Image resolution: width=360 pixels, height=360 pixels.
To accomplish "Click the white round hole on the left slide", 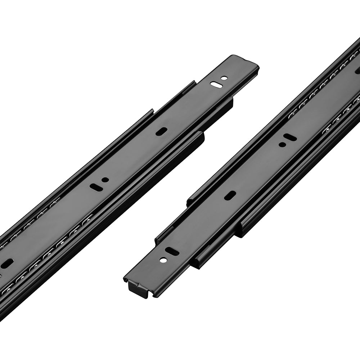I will pos(224,78).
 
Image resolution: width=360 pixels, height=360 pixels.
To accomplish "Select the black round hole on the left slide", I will pos(105,180).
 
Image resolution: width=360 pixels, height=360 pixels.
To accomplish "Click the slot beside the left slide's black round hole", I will pos(96,186).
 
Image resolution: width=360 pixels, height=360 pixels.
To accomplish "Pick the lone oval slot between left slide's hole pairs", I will pos(161,131).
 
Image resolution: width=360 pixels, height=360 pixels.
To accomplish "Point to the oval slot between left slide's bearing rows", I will pos(7,264).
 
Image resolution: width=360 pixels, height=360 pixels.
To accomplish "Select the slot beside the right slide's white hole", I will pos(172,252).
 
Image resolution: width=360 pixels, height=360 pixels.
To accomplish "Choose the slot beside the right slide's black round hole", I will pos(290,137).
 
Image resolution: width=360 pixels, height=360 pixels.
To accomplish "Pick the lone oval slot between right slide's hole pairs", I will pos(230,195).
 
